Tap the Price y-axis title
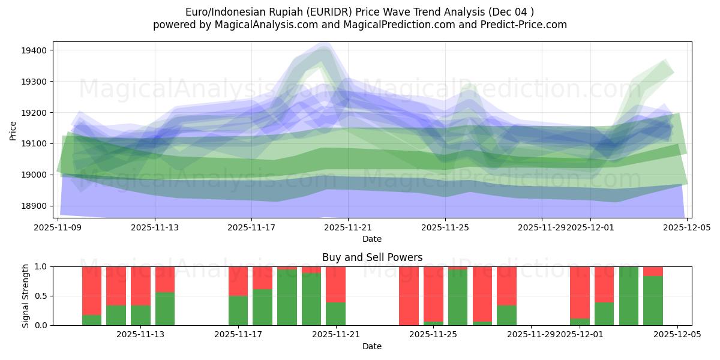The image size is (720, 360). (x=13, y=130)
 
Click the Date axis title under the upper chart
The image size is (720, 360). (x=372, y=239)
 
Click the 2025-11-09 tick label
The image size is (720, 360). (x=58, y=227)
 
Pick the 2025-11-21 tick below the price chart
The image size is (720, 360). (x=348, y=227)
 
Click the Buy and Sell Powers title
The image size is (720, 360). (x=372, y=257)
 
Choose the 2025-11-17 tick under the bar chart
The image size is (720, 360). (x=238, y=335)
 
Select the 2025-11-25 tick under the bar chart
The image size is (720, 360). (x=434, y=335)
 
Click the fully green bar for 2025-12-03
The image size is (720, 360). (x=628, y=296)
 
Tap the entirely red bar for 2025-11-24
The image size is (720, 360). (x=409, y=296)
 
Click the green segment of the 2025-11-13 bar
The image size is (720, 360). (x=165, y=309)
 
